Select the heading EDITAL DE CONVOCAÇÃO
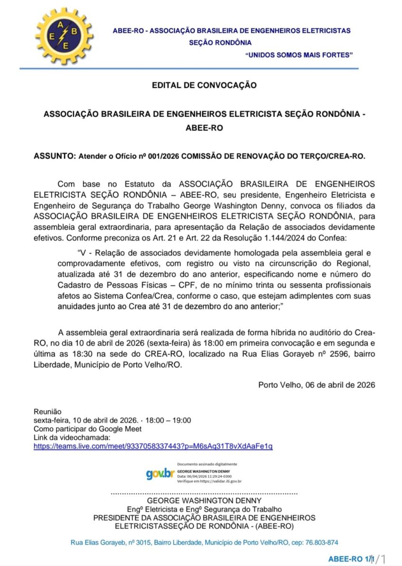(x=204, y=85)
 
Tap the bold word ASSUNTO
(x=54, y=156)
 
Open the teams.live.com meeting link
(x=153, y=446)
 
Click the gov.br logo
(x=160, y=473)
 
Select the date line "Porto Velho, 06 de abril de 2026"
(x=317, y=385)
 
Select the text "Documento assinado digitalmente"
(x=207, y=464)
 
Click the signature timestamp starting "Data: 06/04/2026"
(x=204, y=475)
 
